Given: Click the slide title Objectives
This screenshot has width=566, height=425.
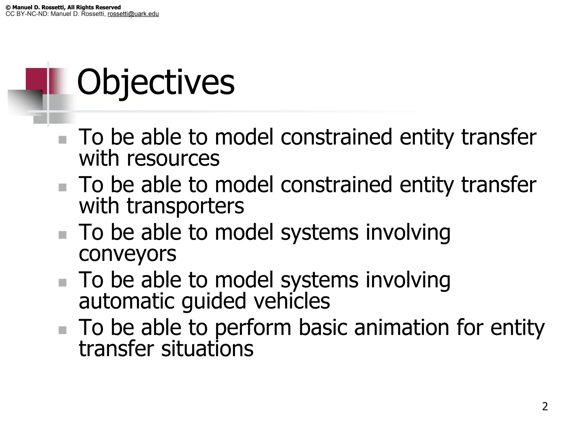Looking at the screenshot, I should (x=156, y=82).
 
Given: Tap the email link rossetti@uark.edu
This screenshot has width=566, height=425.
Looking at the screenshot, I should (x=133, y=14).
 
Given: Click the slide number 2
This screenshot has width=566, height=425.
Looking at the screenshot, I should (x=545, y=406).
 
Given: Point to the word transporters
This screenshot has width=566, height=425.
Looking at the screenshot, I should (x=185, y=206).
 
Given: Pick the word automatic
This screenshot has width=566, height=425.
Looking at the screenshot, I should (x=127, y=301).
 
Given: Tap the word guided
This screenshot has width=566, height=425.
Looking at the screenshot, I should (x=214, y=302).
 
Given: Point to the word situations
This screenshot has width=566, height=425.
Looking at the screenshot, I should (x=207, y=349).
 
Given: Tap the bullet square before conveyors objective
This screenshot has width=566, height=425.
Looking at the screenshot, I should (x=63, y=235).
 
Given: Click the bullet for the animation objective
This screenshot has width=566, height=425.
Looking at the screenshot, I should (x=63, y=330).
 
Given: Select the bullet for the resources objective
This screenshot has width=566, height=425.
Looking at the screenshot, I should (x=63, y=140).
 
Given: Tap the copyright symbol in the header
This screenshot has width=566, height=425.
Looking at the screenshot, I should (x=8, y=7).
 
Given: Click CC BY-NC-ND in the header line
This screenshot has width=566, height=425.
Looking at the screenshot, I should (x=27, y=14).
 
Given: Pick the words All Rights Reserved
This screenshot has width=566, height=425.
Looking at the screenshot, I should (x=94, y=7).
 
